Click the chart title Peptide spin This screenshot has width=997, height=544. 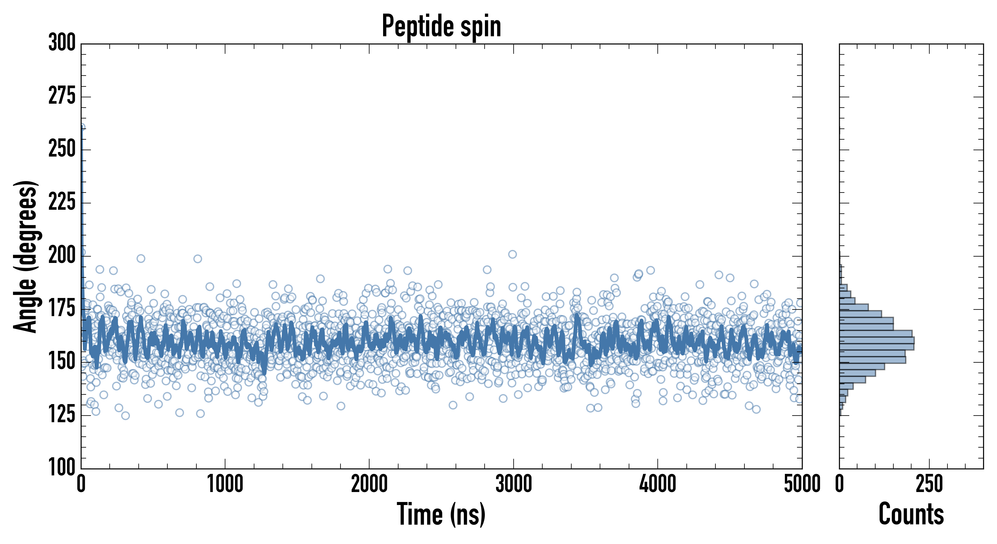441,26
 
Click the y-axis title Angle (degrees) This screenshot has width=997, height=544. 26,256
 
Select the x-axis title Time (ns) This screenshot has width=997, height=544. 441,514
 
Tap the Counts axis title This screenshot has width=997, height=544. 911,514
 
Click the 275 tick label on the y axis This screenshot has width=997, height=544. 62,96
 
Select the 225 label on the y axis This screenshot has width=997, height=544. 62,202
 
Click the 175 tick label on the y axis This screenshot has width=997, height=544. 62,309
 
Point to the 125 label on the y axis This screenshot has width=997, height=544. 62,415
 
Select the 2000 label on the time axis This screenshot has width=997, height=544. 369,484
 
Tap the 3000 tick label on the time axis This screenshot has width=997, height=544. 514,484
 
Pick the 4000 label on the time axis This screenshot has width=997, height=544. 658,484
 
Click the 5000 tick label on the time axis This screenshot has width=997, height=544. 802,484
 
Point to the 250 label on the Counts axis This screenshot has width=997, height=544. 929,484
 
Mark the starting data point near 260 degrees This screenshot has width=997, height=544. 82,127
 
